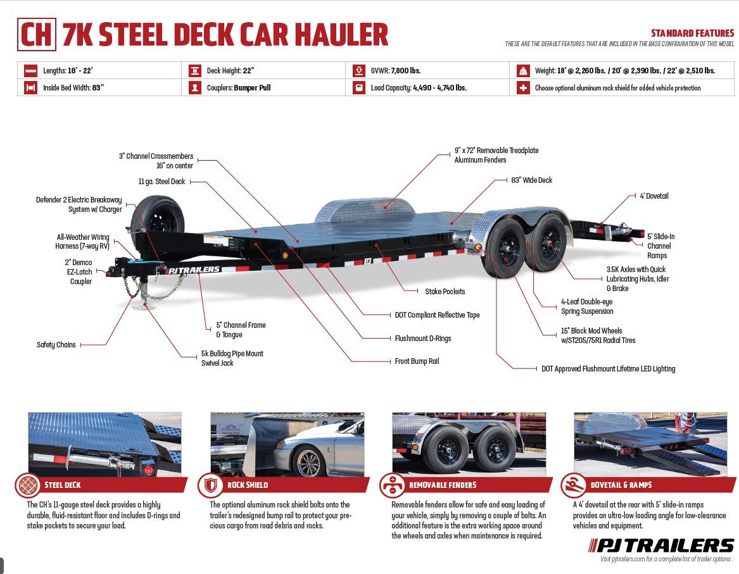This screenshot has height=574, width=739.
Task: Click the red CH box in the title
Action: click(37, 34)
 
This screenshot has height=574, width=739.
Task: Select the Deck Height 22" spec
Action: click(231, 71)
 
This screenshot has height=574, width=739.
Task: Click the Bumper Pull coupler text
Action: click(252, 88)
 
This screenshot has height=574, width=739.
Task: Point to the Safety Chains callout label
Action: click(56, 345)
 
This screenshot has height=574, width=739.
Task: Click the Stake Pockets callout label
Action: click(445, 292)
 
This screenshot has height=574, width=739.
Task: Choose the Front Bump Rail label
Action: click(416, 361)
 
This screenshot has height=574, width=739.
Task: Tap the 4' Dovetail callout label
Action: click(654, 196)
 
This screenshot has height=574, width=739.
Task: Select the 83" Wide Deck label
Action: click(531, 180)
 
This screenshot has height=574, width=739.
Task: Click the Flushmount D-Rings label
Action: click(422, 339)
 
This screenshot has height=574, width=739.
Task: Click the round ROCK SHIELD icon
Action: click(210, 485)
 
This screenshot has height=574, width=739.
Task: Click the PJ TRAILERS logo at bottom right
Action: click(661, 546)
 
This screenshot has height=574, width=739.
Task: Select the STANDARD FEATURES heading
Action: click(692, 34)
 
